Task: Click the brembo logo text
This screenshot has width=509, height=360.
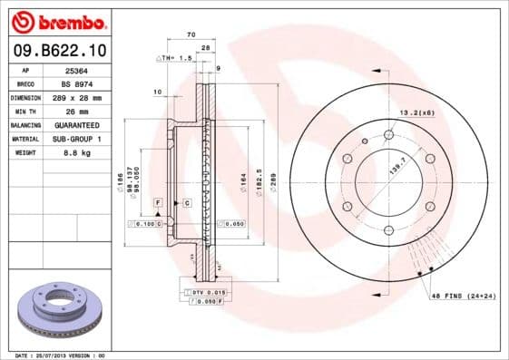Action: [x=57, y=21]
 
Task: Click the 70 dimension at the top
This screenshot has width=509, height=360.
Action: [x=191, y=34]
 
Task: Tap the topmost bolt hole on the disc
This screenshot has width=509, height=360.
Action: [x=388, y=135]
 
